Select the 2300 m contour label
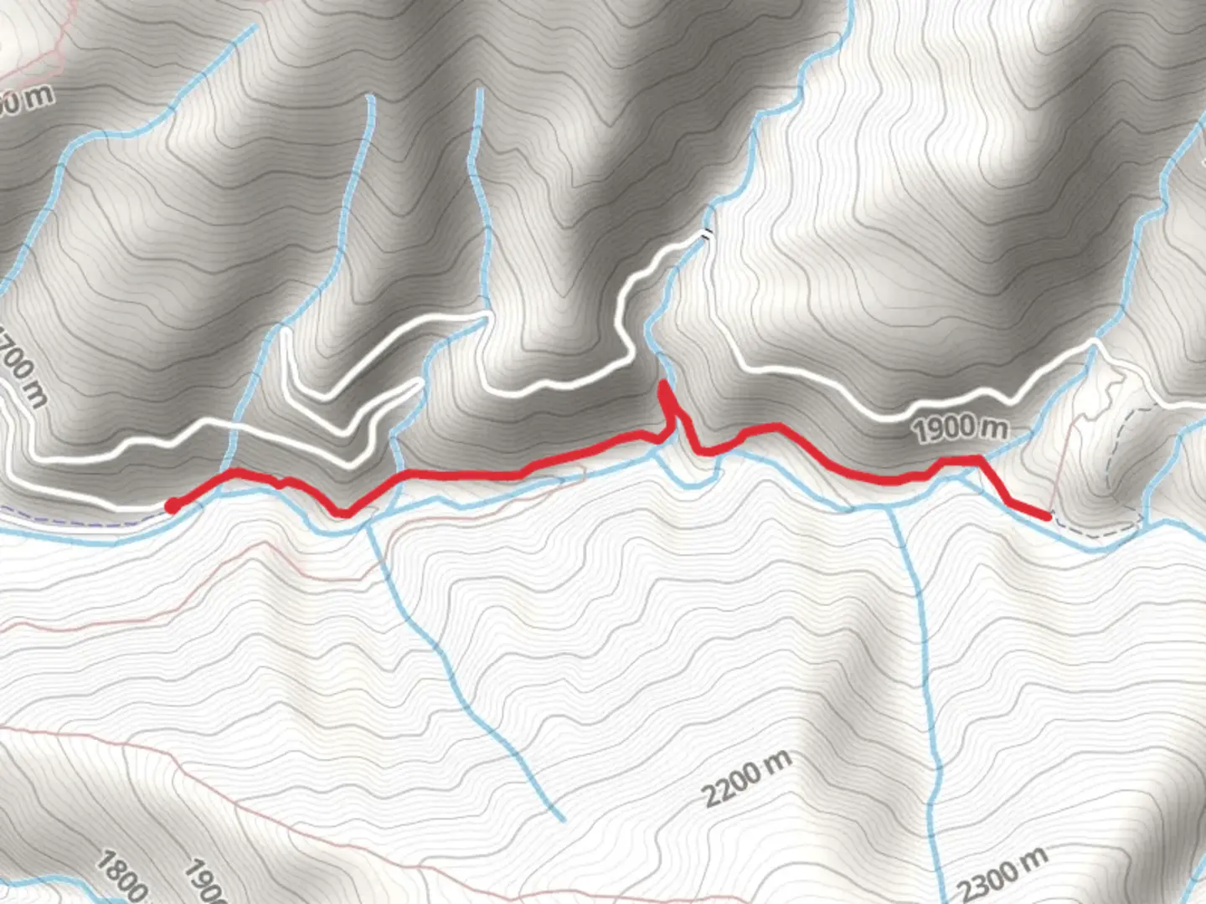click(1002, 874)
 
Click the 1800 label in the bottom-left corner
click(122, 876)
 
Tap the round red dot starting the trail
click(172, 506)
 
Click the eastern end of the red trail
click(1048, 516)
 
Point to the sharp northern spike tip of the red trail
click(663, 384)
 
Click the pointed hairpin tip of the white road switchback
click(419, 384)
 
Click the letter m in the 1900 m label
click(996, 426)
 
